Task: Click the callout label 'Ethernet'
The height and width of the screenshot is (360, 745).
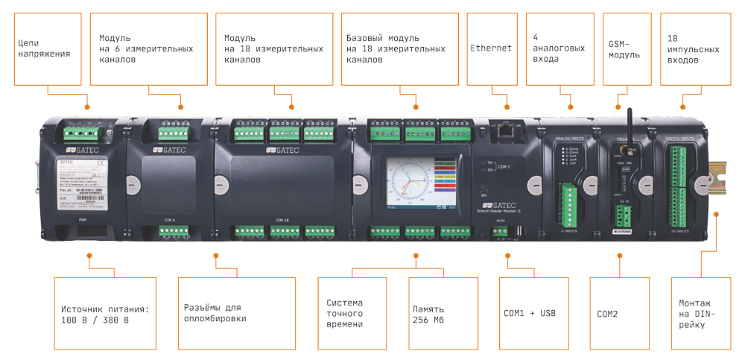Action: [491, 48]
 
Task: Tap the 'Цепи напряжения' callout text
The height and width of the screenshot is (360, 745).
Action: [45, 48]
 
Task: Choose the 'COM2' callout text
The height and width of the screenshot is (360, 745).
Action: [608, 314]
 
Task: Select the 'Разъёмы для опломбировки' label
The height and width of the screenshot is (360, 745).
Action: [215, 313]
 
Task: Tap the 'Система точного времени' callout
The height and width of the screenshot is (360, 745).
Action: [344, 314]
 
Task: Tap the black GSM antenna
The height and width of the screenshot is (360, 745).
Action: [628, 122]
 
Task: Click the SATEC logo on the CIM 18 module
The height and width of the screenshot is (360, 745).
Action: [282, 150]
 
